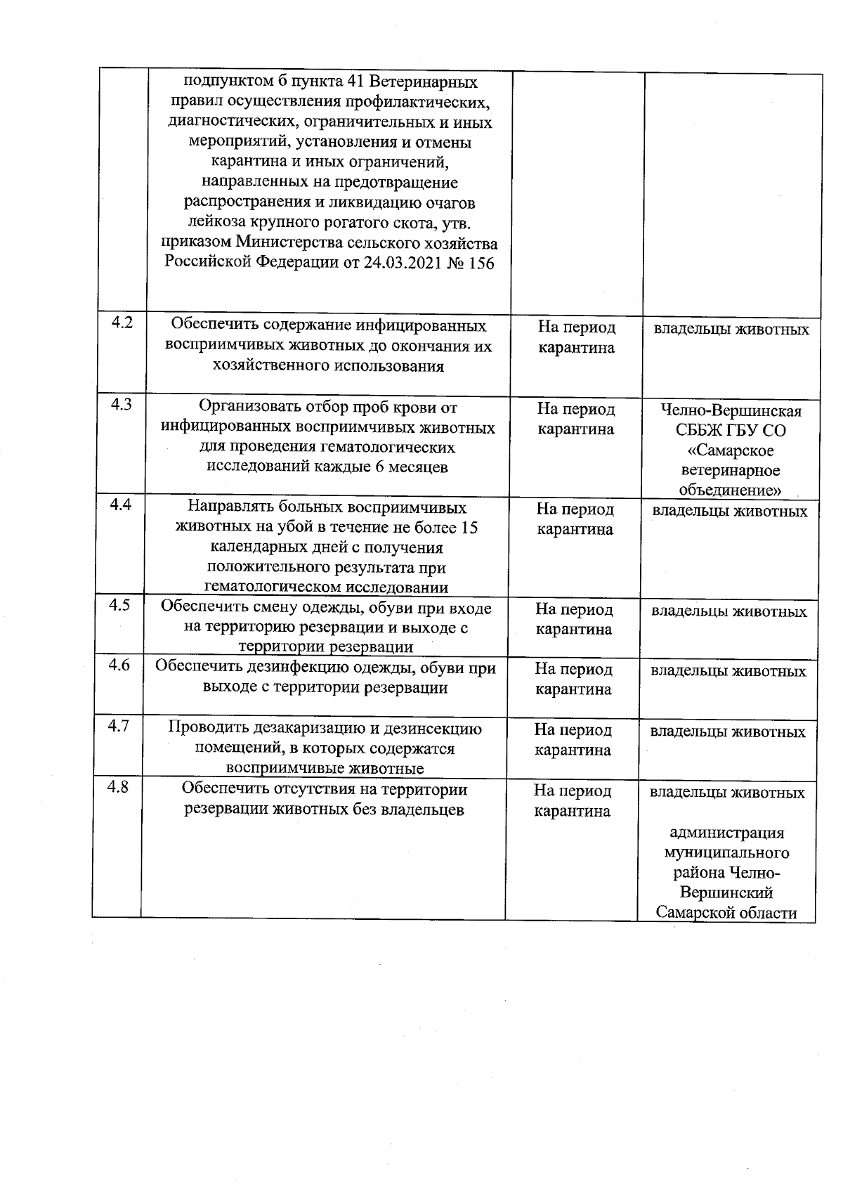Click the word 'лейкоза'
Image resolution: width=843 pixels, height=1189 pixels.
[215, 223]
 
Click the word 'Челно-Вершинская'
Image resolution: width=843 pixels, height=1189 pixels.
[731, 411]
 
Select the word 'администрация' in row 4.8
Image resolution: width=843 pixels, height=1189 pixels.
[727, 833]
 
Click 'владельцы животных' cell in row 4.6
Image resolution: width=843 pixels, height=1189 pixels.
[728, 671]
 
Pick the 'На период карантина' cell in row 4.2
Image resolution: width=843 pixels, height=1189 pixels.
[576, 337]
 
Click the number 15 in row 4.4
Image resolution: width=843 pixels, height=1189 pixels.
[469, 528]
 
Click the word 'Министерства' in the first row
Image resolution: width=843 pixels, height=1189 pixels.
[289, 244]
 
